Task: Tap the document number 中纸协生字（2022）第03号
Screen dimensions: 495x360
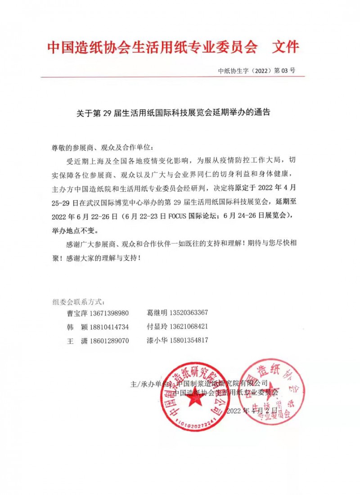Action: point(256,71)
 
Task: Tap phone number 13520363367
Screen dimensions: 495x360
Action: point(188,313)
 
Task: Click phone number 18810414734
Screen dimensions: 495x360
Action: point(109,327)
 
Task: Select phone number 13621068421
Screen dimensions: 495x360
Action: point(188,326)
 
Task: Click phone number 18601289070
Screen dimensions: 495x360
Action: point(109,341)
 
